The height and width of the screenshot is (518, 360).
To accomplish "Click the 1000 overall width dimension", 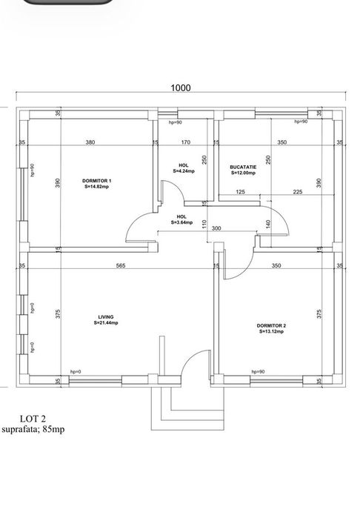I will coord(181,87).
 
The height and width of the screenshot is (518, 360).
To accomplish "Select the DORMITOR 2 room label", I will coord(271,325).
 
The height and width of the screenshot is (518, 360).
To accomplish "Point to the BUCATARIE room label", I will coord(243,167).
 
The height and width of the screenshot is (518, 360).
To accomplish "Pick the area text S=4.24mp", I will coord(183,172).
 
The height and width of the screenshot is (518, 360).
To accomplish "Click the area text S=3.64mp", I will coord(181,222).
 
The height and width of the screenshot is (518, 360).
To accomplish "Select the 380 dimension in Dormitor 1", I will coord(90,142).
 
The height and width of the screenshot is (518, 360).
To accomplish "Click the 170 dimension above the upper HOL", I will coord(186,142).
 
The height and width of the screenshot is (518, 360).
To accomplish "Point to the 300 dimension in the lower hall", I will coord(216,229).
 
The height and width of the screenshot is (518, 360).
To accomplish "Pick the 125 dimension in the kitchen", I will coord(240,193).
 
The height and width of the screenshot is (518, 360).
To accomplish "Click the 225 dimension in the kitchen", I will coord(297,193).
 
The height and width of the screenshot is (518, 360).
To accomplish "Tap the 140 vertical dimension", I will coord(268,224).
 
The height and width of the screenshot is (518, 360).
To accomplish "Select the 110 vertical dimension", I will coord(205,224).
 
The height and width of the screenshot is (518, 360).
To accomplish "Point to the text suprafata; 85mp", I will coord(33,429).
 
